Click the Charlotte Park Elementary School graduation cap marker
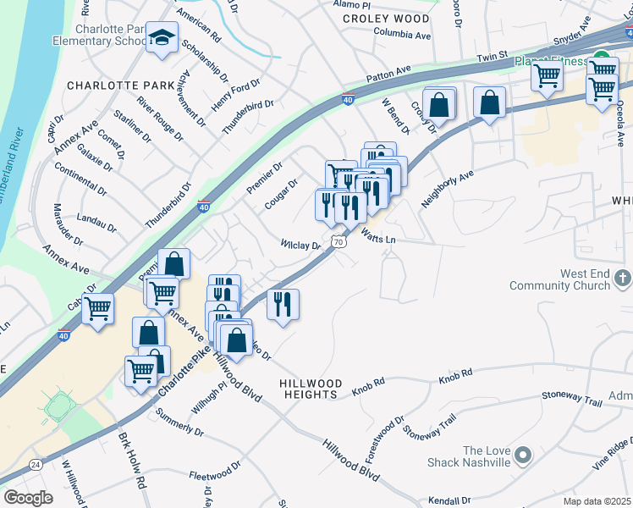[162, 39]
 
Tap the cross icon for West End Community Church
[622, 278]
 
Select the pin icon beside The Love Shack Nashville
[522, 456]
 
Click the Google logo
[28, 498]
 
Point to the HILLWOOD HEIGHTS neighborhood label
[309, 389]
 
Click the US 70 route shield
[339, 242]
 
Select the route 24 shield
[35, 464]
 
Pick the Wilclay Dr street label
[301, 246]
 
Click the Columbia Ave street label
[402, 36]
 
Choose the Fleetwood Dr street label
[215, 470]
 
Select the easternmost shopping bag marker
[489, 103]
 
